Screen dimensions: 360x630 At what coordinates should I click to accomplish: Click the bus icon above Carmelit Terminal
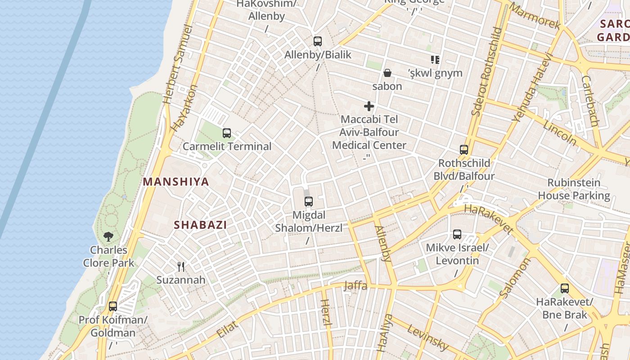point(226,133)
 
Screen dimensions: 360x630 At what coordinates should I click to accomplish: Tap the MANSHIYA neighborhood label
point(176,182)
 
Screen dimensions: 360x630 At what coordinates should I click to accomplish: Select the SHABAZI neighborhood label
point(200,225)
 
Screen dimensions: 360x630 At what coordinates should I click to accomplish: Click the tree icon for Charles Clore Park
point(108,236)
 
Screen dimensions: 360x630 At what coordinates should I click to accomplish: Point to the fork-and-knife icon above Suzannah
point(181,267)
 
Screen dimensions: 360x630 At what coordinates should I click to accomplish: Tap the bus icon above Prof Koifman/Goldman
point(113,306)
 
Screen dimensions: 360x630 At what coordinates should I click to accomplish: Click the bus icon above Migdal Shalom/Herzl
point(308,202)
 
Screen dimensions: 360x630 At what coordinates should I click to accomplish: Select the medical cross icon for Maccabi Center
point(369,106)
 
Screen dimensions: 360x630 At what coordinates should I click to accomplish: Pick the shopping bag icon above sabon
point(387,73)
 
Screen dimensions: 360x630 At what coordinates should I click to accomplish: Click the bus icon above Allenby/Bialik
point(318,41)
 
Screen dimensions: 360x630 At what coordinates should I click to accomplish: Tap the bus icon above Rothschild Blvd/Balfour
point(464,150)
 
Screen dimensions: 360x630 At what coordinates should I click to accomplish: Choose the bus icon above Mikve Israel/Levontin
point(457,234)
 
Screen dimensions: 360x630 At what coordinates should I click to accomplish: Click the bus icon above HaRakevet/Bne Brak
point(565,288)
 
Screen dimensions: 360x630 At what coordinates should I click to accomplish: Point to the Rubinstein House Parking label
point(574,189)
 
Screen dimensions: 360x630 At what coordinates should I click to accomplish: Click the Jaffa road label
point(355,286)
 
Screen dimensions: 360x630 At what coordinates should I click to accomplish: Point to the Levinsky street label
point(427,337)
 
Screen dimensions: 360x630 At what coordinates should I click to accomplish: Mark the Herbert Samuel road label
point(179,65)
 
